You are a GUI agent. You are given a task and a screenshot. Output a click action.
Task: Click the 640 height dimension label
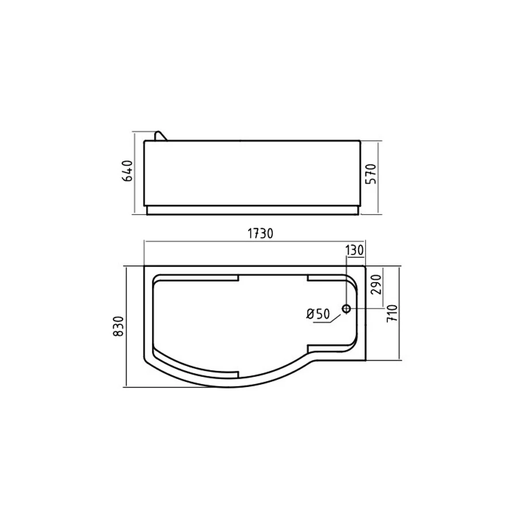click(128, 172)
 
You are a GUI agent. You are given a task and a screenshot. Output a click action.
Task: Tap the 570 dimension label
click(371, 174)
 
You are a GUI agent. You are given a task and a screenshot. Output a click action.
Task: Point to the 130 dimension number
click(354, 250)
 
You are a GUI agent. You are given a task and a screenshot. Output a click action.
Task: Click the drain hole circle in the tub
click(346, 309)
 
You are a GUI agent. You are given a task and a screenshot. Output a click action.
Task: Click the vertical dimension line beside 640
click(135, 173)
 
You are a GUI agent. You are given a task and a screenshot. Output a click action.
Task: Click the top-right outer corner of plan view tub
click(366, 266)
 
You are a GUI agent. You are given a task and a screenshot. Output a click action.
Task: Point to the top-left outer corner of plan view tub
click(143, 266)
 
